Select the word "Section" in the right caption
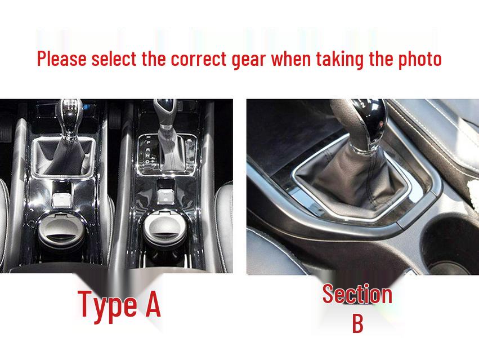click(357, 295)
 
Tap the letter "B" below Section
click(357, 324)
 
